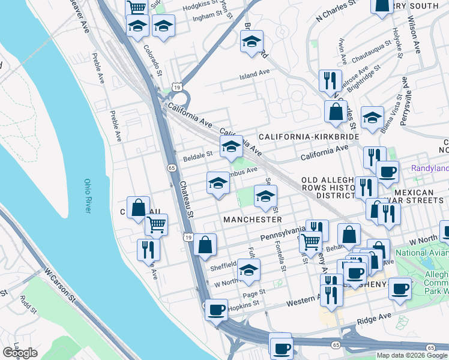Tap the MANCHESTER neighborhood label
click(252, 220)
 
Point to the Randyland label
click(429, 169)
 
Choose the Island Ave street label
click(255, 74)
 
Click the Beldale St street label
click(198, 154)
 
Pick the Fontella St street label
click(280, 254)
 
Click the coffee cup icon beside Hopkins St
click(217, 310)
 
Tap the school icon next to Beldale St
click(231, 146)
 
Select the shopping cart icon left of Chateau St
click(156, 224)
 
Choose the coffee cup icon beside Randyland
click(387, 172)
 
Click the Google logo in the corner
click(20, 353)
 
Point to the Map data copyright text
click(411, 355)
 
